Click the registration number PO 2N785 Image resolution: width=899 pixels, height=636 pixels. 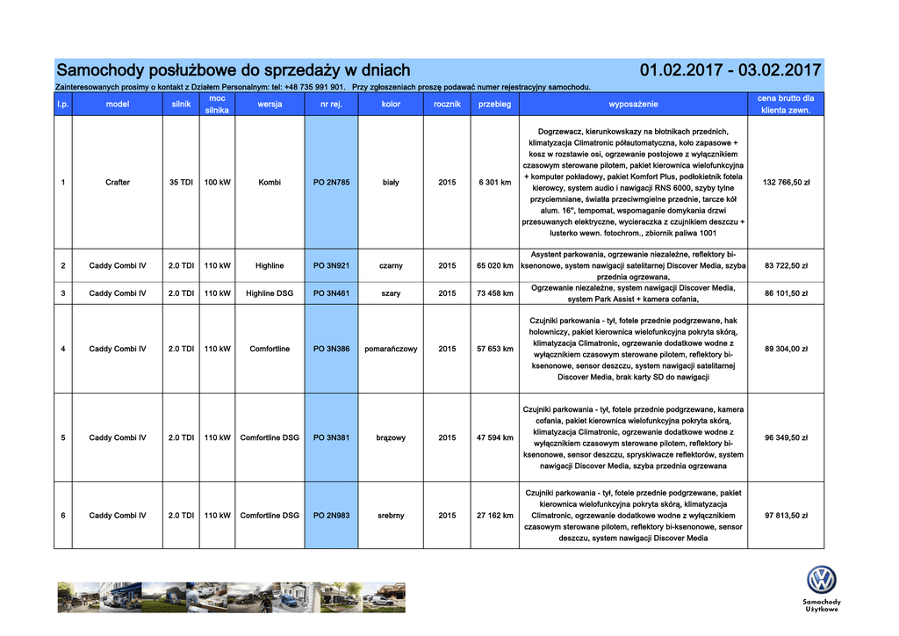tap(331, 183)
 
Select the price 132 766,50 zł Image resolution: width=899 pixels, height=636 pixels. tap(786, 183)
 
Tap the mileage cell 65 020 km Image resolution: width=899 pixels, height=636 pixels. tap(494, 265)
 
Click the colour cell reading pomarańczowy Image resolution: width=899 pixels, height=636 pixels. tap(391, 349)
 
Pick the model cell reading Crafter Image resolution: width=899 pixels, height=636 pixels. tap(118, 183)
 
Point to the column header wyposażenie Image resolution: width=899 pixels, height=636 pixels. tap(633, 105)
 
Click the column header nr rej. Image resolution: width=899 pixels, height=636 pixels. tap(331, 105)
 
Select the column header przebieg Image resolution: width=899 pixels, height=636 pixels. tap(494, 105)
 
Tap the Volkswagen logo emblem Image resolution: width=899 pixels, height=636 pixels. tap(821, 581)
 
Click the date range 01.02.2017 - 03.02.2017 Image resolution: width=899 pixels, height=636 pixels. tap(730, 70)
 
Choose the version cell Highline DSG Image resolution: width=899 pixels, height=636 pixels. tap(270, 293)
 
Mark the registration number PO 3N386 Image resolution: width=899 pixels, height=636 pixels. tap(331, 349)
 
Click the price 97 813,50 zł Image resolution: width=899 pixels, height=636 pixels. tap(786, 516)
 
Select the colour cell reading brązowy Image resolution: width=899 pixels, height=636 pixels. tap(391, 437)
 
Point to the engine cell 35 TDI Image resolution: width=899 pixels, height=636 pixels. tap(182, 183)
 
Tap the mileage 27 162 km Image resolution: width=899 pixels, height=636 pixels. tap(494, 516)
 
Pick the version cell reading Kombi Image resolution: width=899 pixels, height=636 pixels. tap(270, 183)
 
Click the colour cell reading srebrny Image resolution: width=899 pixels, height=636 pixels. tap(391, 516)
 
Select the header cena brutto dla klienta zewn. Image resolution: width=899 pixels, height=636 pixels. tap(786, 105)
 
